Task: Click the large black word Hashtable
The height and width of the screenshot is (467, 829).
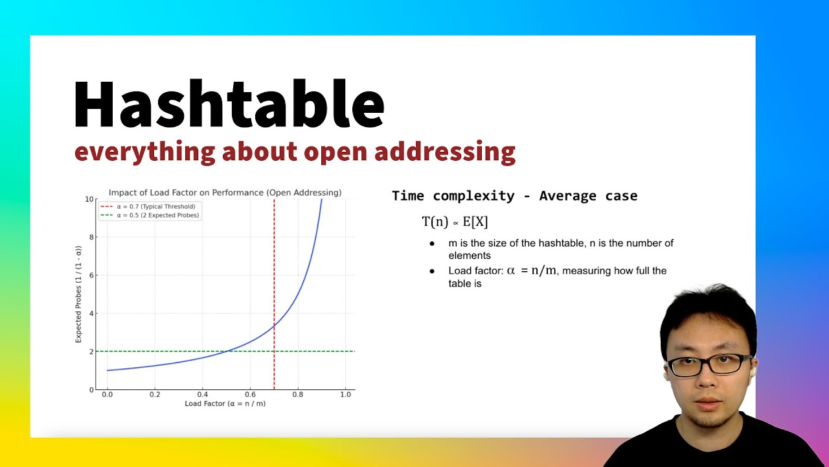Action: [229, 105]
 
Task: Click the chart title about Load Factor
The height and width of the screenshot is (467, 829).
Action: [225, 193]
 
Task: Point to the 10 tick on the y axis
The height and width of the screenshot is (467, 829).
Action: [90, 199]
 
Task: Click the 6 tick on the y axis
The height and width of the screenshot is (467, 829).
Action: [92, 276]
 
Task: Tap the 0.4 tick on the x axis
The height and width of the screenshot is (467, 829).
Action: [203, 394]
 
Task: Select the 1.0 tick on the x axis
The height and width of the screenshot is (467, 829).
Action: [345, 394]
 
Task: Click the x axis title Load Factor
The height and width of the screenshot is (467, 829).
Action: [225, 403]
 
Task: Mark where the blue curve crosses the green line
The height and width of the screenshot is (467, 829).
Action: [227, 352]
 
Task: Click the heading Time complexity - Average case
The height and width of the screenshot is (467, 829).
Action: [514, 196]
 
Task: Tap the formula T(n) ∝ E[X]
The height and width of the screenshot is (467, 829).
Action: [455, 222]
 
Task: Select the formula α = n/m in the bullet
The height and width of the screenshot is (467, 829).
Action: [531, 270]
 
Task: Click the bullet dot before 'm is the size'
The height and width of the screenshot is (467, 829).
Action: [432, 244]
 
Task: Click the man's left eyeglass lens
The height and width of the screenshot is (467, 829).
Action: [727, 364]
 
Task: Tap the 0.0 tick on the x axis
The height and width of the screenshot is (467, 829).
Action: [108, 394]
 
